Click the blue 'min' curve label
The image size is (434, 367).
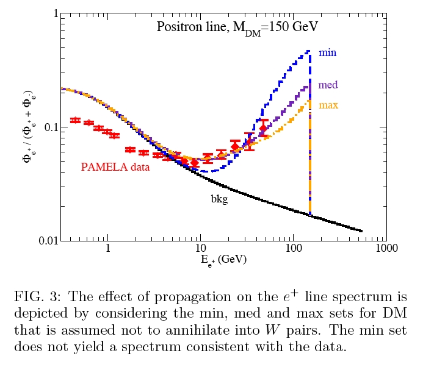point(327,53)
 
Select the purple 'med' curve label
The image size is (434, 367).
point(328,85)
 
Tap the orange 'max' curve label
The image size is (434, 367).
point(328,105)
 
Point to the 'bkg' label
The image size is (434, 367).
point(219,199)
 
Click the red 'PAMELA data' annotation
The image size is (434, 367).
point(115,166)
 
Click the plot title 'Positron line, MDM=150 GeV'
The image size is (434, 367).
point(237,27)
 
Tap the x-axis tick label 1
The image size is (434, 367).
point(108,249)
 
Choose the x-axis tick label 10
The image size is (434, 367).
point(200,249)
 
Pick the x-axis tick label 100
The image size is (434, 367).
point(294,249)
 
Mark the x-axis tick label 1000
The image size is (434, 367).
point(385,249)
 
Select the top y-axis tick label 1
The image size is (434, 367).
point(55,14)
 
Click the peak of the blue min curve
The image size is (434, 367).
point(308,51)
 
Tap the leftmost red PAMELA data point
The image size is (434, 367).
point(76,120)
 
